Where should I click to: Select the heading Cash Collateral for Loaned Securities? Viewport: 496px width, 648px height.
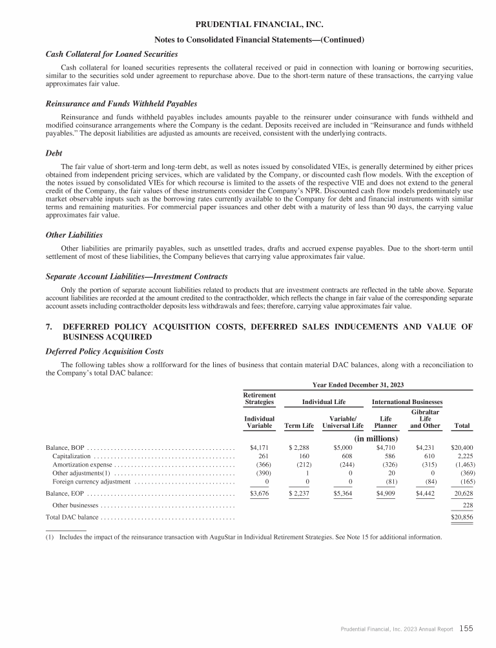(x=111, y=54)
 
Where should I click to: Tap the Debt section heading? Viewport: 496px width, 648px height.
(x=55, y=154)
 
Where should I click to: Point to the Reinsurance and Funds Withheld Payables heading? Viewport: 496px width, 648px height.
(x=121, y=103)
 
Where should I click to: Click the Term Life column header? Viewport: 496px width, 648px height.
(x=299, y=425)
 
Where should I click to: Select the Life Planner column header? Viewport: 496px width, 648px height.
(x=386, y=422)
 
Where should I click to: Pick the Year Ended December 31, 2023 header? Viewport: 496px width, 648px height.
(x=358, y=385)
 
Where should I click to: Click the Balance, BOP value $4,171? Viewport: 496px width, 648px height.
(x=258, y=447)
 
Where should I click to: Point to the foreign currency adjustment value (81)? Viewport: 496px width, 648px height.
(x=387, y=483)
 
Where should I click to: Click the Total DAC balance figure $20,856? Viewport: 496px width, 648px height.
(x=460, y=518)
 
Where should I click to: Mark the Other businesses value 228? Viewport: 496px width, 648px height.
(x=465, y=506)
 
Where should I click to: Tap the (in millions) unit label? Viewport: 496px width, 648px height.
(x=377, y=438)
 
